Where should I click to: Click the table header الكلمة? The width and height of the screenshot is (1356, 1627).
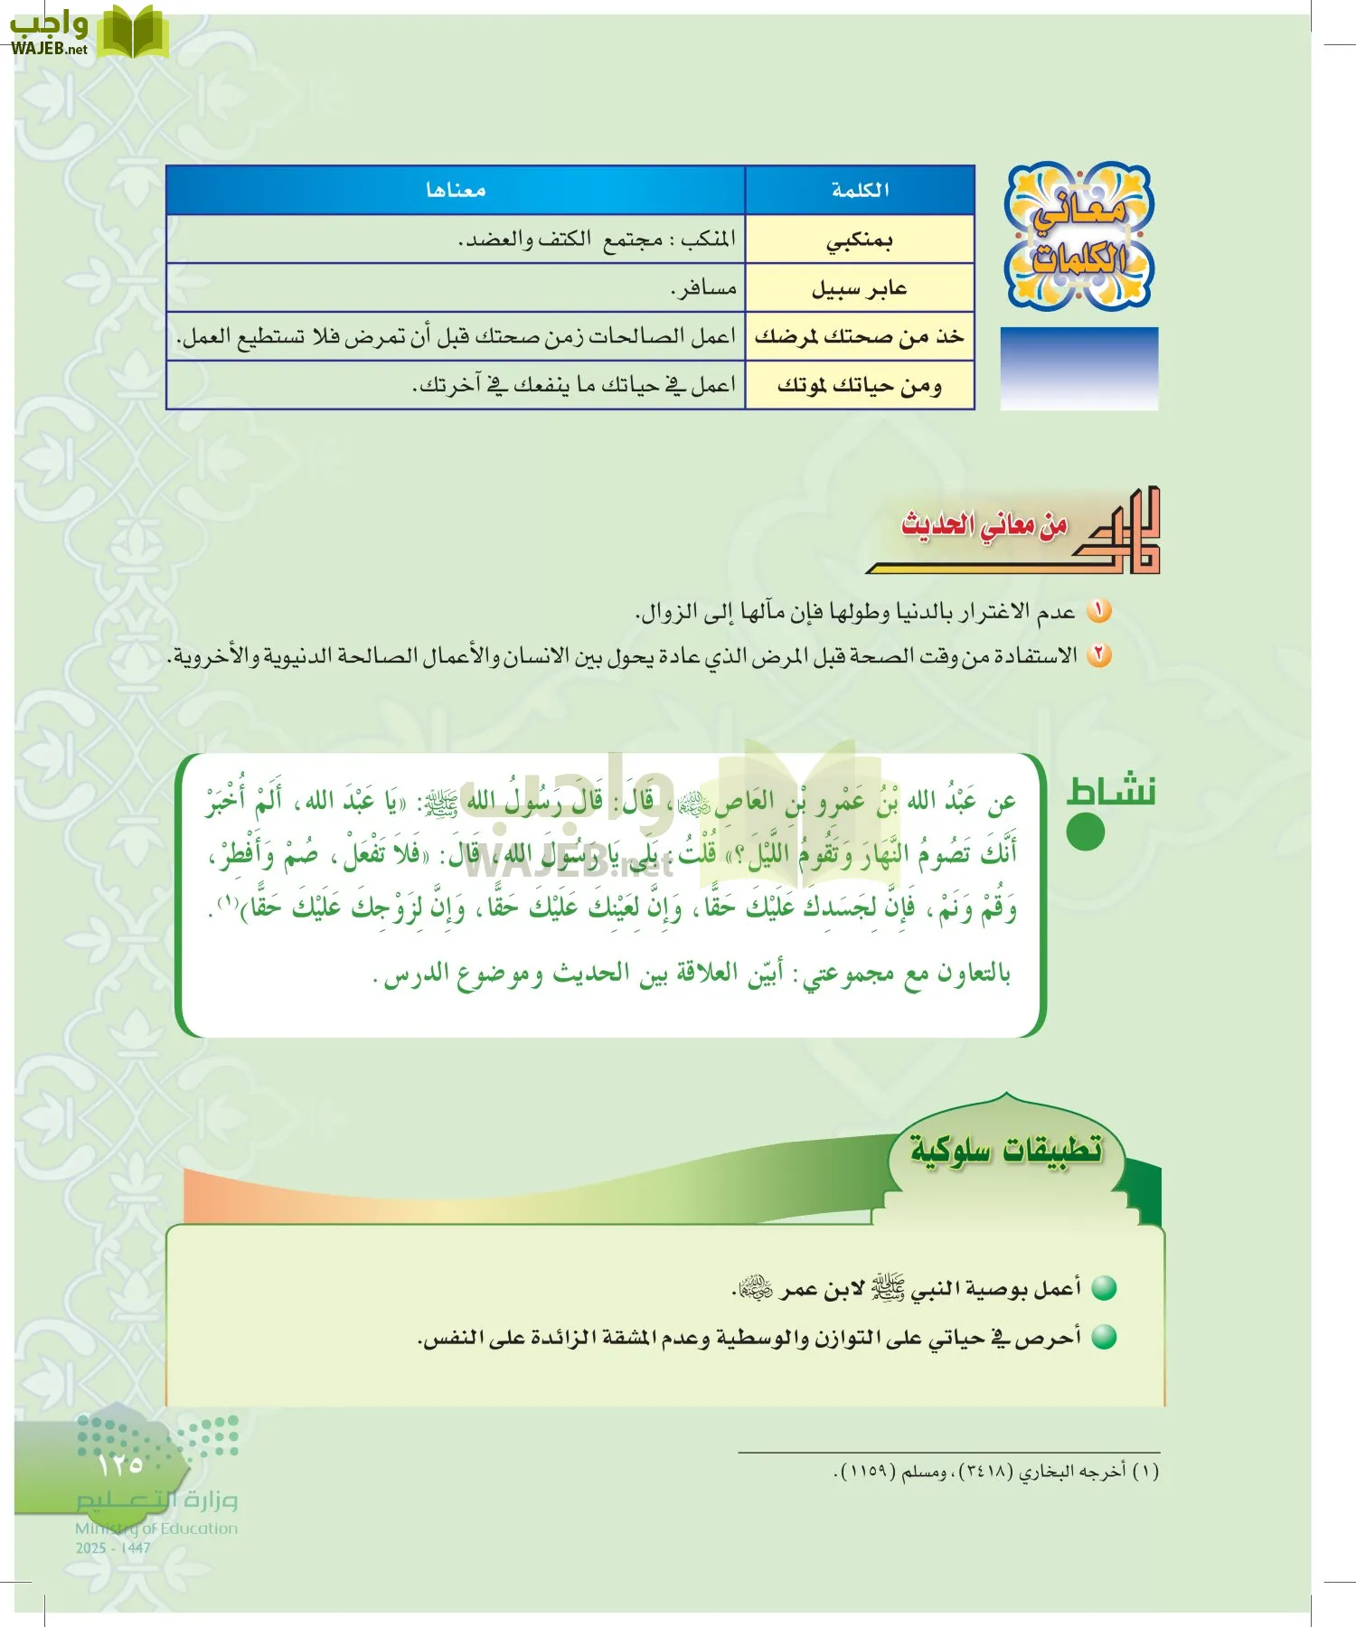(860, 190)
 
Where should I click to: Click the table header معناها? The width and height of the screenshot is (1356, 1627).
(456, 190)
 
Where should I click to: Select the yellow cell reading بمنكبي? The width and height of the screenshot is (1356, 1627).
(860, 240)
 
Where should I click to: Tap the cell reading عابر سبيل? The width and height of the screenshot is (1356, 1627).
(860, 288)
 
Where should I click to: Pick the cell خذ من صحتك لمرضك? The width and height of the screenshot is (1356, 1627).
(860, 337)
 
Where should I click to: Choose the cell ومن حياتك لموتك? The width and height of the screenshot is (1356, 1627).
(860, 386)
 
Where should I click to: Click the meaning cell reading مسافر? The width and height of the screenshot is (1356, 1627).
(703, 288)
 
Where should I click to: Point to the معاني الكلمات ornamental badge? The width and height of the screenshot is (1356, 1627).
(1079, 236)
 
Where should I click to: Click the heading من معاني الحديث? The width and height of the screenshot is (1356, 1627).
(984, 524)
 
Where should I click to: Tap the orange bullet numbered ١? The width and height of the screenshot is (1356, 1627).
(1098, 612)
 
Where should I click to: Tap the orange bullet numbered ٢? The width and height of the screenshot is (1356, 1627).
(1098, 655)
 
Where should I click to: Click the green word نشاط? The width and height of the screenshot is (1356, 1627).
(1111, 791)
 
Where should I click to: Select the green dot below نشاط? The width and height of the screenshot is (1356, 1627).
(1086, 832)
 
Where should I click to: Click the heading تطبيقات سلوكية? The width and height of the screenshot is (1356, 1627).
(1006, 1150)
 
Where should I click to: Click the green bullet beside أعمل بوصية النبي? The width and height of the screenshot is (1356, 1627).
(1104, 1288)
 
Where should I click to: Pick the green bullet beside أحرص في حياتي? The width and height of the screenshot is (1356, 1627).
(1104, 1338)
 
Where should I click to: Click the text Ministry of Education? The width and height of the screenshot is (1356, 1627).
(156, 1528)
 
